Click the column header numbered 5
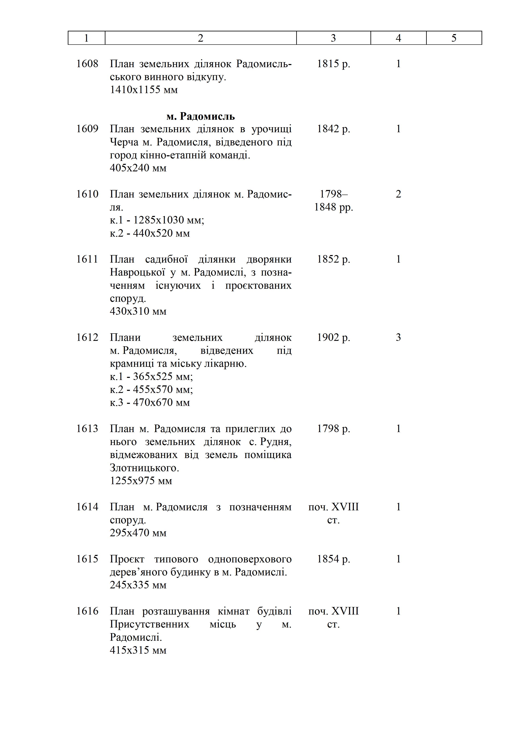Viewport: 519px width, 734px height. tap(454, 38)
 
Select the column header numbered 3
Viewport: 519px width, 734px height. tap(333, 38)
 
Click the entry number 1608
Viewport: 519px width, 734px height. tap(87, 64)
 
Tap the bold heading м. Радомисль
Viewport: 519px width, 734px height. tap(200, 116)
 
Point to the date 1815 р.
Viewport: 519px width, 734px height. tap(333, 64)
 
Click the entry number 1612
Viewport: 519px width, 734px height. tap(87, 337)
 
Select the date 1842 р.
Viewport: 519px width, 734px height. tap(333, 129)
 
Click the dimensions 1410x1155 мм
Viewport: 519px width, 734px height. tap(144, 90)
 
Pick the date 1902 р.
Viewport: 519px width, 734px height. tap(333, 337)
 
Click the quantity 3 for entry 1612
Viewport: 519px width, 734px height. tap(398, 337)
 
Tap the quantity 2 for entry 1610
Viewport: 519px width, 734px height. tap(398, 194)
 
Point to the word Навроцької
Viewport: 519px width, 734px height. tap(137, 272)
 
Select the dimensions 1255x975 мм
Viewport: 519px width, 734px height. tap(141, 481)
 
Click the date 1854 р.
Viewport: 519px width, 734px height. tap(333, 559)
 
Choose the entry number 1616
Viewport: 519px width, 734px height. tap(87, 611)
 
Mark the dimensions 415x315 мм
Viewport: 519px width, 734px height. tap(138, 650)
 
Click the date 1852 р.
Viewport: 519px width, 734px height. tap(333, 259)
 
